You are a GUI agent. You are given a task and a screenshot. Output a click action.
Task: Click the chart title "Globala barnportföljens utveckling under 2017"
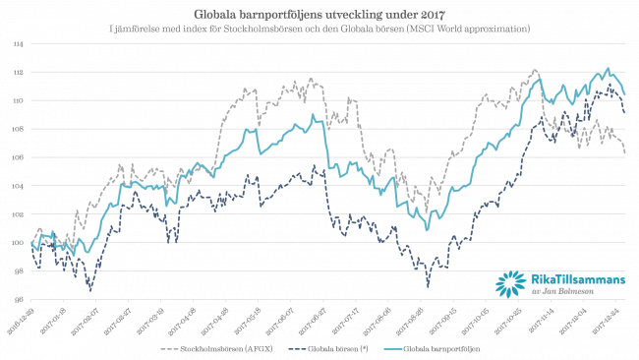319,15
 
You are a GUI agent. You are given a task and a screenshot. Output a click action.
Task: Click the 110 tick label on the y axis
20,101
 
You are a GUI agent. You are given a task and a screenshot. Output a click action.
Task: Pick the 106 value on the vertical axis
20,157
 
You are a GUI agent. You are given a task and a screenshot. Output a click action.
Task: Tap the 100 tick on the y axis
20,243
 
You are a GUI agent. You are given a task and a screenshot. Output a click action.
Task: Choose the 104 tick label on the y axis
20,186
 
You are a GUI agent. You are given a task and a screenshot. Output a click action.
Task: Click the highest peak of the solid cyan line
608,69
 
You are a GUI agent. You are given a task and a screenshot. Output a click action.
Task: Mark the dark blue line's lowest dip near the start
90,290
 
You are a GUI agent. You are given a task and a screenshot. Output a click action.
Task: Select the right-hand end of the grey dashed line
625,152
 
